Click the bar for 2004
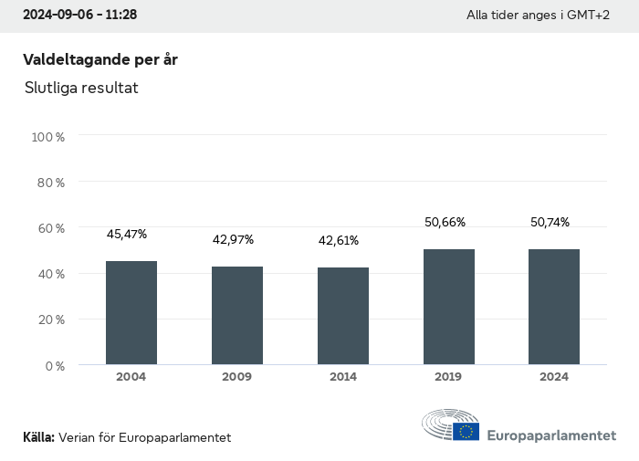pyautogui.click(x=131, y=313)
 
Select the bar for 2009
pyautogui.click(x=237, y=316)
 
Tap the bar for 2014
pyautogui.click(x=343, y=316)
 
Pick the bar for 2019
pyautogui.click(x=449, y=307)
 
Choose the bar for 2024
pyautogui.click(x=554, y=307)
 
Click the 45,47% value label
pyautogui.click(x=127, y=235)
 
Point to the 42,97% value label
pyautogui.click(x=233, y=240)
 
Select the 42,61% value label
pyautogui.click(x=339, y=241)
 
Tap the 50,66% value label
pyautogui.click(x=445, y=222)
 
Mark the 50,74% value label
pyautogui.click(x=550, y=222)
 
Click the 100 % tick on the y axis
pyautogui.click(x=48, y=137)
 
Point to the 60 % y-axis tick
pyautogui.click(x=50, y=228)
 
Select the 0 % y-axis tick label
pyautogui.click(x=54, y=366)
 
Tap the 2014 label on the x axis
pyautogui.click(x=343, y=377)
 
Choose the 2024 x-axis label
pyautogui.click(x=554, y=377)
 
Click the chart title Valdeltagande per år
pyautogui.click(x=100, y=59)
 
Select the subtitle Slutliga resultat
pyautogui.click(x=81, y=89)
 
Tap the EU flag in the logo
pyautogui.click(x=466, y=431)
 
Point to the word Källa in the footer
pyautogui.click(x=38, y=437)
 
